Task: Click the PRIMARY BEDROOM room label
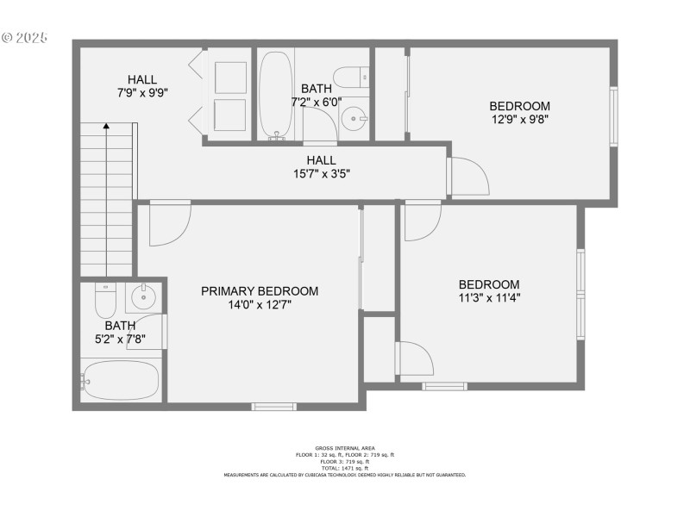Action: point(260,291)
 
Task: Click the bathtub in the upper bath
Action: point(277,95)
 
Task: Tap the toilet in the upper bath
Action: point(351,78)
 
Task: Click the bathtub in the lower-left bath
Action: point(121,380)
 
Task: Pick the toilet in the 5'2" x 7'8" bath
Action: point(105,301)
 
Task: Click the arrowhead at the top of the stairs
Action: point(106,127)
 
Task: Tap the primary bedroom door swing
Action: point(169,222)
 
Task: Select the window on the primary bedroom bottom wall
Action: point(273,406)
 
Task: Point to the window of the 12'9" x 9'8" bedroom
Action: point(614,115)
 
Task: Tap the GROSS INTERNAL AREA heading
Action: point(344,449)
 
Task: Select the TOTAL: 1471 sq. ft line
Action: point(345,468)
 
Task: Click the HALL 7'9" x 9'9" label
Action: point(142,85)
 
